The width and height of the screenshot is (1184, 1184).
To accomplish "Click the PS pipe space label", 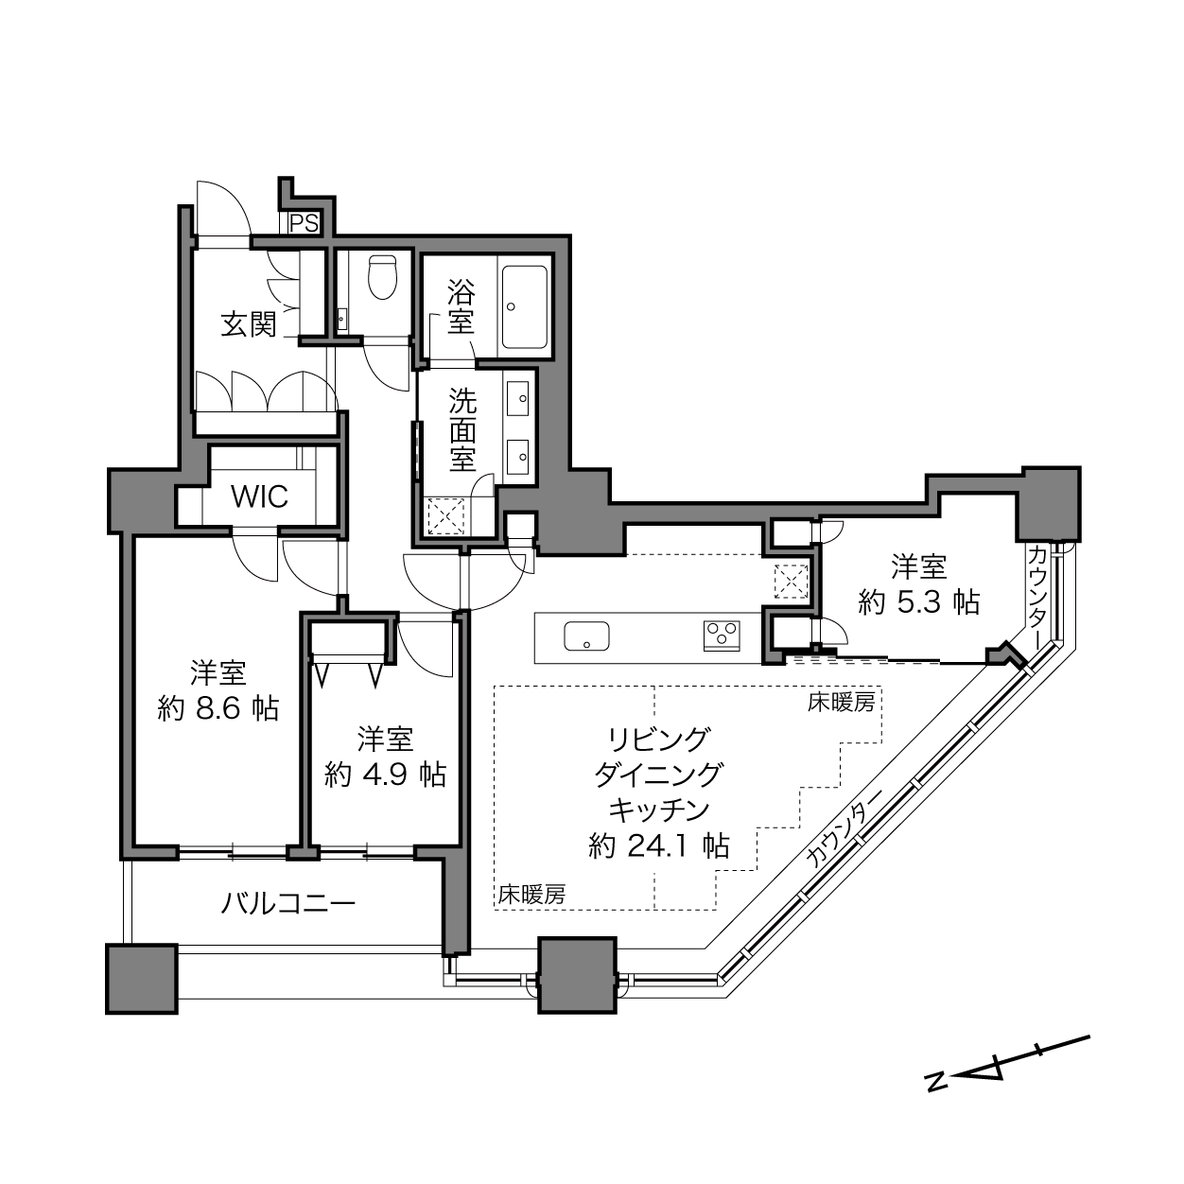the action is coord(305,223).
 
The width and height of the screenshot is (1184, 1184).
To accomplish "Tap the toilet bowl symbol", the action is coord(383,277).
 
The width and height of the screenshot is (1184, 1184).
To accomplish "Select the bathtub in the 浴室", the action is coord(524,306).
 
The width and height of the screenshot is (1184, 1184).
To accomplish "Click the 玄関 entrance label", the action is coord(249,323).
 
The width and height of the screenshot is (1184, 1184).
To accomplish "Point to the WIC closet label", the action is coord(259,496).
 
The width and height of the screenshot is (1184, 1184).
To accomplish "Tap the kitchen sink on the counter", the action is coord(586,636).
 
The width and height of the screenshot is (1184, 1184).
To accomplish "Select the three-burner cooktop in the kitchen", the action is coord(722,636).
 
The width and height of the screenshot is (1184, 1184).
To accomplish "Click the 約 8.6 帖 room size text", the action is coord(218,709).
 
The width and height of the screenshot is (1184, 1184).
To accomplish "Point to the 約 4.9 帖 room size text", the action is coord(385,775).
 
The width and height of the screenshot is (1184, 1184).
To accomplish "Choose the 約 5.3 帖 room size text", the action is coord(918,602).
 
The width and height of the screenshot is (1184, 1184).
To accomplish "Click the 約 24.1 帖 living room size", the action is coord(659,846).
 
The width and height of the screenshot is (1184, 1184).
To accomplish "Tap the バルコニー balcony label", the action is coord(288,903).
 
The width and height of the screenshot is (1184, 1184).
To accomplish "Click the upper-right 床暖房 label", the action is coord(841,703).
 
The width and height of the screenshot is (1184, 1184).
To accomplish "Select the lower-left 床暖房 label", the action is coord(531,895).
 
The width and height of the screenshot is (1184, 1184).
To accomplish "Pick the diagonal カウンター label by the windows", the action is coord(844,827).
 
